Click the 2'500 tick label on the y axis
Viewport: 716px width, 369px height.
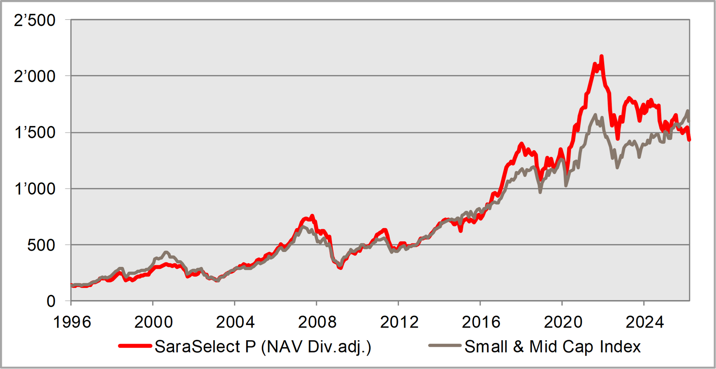tap(35, 20)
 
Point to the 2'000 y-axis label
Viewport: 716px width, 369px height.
tap(35, 76)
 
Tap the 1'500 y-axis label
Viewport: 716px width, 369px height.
tap(35, 133)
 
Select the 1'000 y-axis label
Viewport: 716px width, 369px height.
tap(35, 189)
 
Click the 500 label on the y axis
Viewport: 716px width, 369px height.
tap(41, 245)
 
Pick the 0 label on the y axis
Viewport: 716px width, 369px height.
tap(51, 301)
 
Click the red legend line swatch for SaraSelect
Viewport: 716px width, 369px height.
tap(135, 346)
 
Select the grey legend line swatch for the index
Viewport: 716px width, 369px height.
tap(445, 346)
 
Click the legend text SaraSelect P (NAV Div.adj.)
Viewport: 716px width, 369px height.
tap(263, 347)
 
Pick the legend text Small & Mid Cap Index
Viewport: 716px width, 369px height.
tap(552, 347)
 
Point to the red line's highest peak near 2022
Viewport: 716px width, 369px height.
tap(602, 57)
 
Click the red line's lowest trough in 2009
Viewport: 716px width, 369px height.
tap(340, 268)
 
